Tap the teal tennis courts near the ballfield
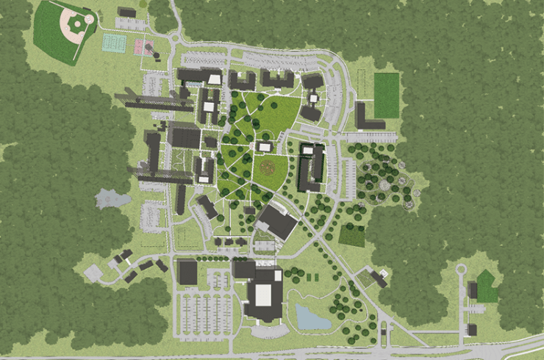(x=112, y=42)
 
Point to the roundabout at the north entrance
(x=173, y=38)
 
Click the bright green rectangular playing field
(x=386, y=95)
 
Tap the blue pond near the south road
(x=309, y=317)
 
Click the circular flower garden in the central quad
(x=271, y=168)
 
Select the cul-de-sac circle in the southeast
(x=461, y=270)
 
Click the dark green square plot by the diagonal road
(x=351, y=236)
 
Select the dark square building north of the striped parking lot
(x=187, y=272)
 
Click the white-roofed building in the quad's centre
(x=264, y=147)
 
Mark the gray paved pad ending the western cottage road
(x=93, y=273)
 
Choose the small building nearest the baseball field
(x=126, y=12)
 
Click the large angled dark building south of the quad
(x=276, y=220)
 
